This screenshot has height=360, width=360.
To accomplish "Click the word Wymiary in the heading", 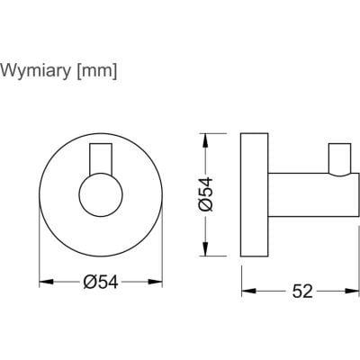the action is click(36, 71).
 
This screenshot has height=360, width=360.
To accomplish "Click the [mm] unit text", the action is click(96, 71).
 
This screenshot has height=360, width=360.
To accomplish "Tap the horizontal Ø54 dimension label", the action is click(101, 283).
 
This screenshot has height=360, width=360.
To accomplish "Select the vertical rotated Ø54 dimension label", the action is click(205, 194).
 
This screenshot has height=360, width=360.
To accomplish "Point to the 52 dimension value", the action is click(302, 291).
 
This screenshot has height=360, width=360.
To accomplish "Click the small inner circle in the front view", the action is click(101, 194).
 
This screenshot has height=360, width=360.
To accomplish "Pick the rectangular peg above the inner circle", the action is click(101, 159).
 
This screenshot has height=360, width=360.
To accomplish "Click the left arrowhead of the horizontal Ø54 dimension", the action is click(46, 282).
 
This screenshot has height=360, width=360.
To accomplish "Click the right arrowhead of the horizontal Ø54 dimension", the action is click(156, 282).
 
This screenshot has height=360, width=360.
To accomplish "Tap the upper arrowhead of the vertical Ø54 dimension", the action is click(205, 140).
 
